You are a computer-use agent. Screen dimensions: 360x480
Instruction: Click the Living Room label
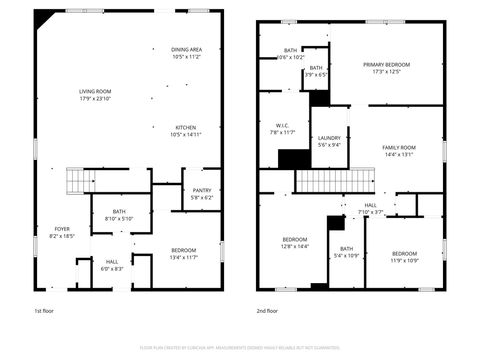click(95, 95)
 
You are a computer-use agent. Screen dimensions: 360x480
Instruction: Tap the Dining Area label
click(187, 53)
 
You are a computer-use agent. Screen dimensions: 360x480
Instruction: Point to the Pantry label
click(201, 193)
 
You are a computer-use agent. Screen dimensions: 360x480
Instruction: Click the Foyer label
click(62, 232)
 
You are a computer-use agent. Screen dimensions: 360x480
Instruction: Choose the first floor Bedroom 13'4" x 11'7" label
click(182, 253)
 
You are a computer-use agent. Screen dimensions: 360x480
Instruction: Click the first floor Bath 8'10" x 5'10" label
click(119, 214)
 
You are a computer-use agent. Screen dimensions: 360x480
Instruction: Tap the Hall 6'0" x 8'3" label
click(111, 265)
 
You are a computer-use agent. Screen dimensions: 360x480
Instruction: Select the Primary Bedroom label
click(386, 68)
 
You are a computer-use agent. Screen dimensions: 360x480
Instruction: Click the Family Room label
click(398, 151)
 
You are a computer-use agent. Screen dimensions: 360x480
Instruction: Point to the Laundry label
click(329, 142)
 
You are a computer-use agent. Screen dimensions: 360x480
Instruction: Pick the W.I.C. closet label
click(283, 129)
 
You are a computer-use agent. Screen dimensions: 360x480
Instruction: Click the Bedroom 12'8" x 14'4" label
click(295, 242)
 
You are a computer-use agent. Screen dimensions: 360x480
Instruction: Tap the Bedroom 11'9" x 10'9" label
click(404, 256)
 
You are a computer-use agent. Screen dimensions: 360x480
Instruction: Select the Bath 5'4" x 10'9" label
click(346, 251)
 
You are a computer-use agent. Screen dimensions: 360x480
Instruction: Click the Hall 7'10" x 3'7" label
click(370, 208)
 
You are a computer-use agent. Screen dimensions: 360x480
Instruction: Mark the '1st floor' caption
click(44, 312)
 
